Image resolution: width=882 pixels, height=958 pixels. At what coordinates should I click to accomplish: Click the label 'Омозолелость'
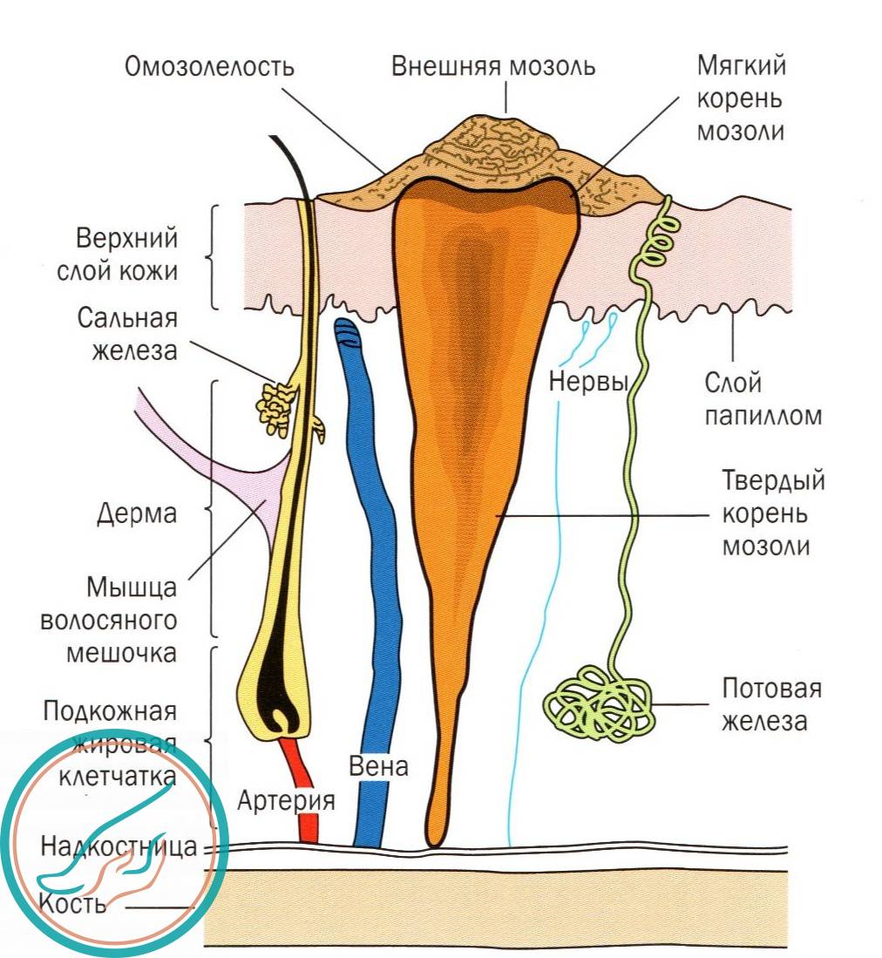pyautogui.click(x=209, y=67)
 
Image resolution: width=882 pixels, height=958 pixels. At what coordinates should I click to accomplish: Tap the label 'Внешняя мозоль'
pyautogui.click(x=493, y=66)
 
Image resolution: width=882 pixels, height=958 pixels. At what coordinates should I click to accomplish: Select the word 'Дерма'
pyautogui.click(x=137, y=513)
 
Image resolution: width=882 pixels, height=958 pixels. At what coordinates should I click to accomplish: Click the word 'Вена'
pyautogui.click(x=377, y=767)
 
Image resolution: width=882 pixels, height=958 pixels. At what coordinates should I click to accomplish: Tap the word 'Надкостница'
pyautogui.click(x=118, y=846)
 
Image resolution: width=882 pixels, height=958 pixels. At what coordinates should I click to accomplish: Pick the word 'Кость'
pyautogui.click(x=72, y=903)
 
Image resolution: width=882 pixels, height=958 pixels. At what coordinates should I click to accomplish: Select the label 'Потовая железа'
pyautogui.click(x=771, y=704)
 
